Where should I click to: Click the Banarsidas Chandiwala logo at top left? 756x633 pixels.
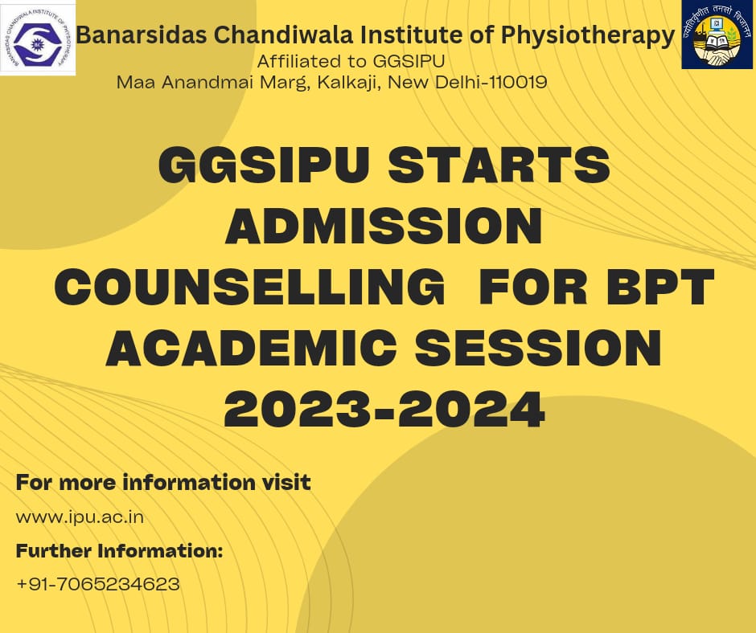pos(38,38)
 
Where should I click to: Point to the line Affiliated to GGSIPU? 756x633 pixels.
pos(351,62)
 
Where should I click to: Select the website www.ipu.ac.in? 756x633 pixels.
pos(80,517)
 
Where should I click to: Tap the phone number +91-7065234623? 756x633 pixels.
pos(97,584)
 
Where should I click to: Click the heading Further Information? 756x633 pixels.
pos(119,551)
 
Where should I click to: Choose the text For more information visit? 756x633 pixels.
pos(163,483)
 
